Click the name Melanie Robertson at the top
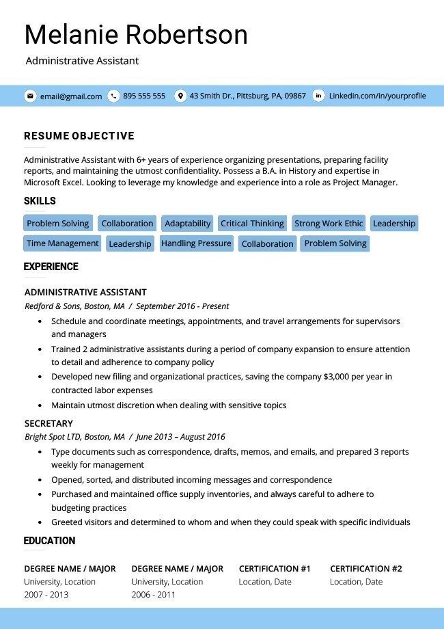click(136, 34)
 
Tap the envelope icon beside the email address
click(30, 96)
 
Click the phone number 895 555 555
click(144, 96)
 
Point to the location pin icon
click(180, 96)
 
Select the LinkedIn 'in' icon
click(318, 96)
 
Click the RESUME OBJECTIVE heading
click(79, 136)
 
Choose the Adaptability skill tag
click(187, 224)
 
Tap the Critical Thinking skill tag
click(252, 224)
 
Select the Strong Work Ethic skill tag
click(329, 224)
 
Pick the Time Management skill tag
click(63, 243)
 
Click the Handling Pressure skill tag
click(196, 243)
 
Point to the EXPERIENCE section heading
click(51, 267)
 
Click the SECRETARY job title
click(48, 423)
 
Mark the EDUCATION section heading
click(49, 541)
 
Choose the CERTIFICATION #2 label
click(365, 569)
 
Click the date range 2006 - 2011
click(153, 595)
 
